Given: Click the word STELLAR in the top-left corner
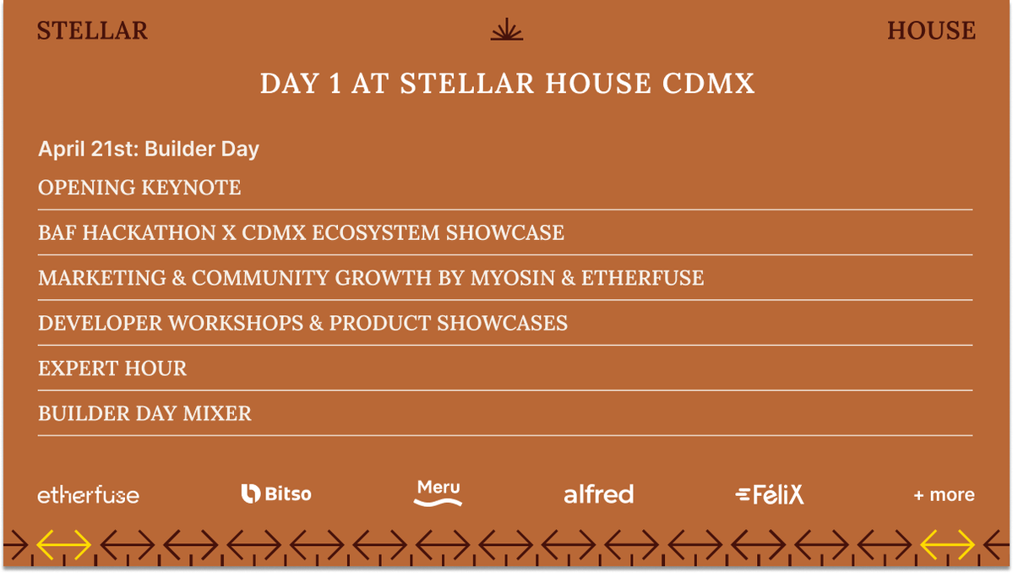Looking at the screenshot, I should click(x=92, y=31).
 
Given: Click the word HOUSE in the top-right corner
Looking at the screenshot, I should click(x=931, y=31).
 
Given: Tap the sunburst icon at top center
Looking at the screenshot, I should click(x=507, y=30).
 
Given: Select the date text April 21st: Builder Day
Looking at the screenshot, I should click(x=149, y=150).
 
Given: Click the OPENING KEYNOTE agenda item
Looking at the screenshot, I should click(x=139, y=188).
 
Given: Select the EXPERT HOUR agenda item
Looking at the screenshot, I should click(x=112, y=368).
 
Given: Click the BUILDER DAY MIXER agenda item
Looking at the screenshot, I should click(x=144, y=414).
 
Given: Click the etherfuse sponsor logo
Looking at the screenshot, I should click(x=88, y=495).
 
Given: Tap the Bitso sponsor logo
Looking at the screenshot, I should click(x=276, y=494).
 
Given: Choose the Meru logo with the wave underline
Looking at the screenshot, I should click(x=438, y=494).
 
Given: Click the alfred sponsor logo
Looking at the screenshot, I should click(x=598, y=494).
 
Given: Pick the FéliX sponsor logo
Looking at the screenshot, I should click(x=770, y=495).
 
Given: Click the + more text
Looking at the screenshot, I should click(x=944, y=495).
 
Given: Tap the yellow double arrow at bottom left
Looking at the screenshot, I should click(x=63, y=545).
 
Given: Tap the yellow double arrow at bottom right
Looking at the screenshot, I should click(x=947, y=545).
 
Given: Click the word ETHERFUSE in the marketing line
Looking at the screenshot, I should click(x=642, y=278).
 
